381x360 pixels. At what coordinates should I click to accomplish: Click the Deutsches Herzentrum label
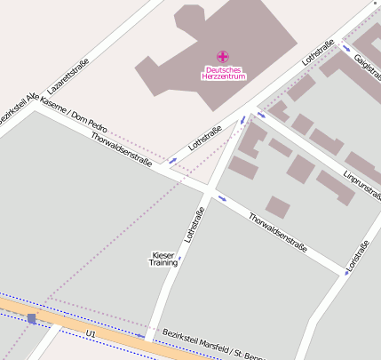pyautogui.click(x=223, y=73)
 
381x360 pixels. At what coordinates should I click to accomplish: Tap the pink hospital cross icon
pyautogui.click(x=223, y=57)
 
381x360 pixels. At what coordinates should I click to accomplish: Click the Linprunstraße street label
pyautogui.click(x=361, y=183)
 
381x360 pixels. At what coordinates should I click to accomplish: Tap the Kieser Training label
pyautogui.click(x=163, y=260)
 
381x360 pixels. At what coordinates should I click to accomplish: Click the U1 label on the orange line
pyautogui.click(x=91, y=332)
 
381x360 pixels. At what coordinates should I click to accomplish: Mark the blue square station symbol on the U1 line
pyautogui.click(x=32, y=318)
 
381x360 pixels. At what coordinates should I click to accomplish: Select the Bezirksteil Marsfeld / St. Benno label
pyautogui.click(x=213, y=345)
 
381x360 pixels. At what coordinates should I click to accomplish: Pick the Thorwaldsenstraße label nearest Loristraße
pyautogui.click(x=277, y=231)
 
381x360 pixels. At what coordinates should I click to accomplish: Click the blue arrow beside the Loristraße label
pyautogui.click(x=347, y=272)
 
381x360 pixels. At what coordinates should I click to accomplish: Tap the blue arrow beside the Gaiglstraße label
pyautogui.click(x=345, y=49)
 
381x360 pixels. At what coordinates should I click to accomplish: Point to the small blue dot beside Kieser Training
pyautogui.click(x=179, y=259)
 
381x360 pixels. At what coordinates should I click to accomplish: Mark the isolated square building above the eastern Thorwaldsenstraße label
pyautogui.click(x=278, y=206)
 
